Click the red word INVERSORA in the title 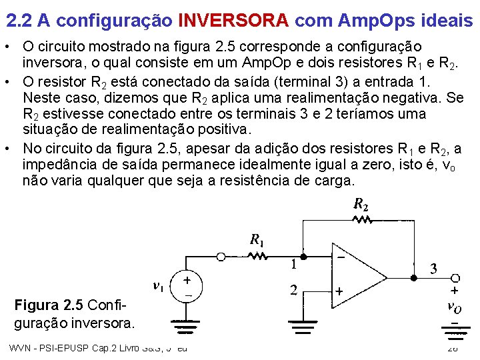pyautogui.click(x=233, y=21)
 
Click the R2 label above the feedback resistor pyautogui.click(x=359, y=204)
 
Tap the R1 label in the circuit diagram pyautogui.click(x=255, y=239)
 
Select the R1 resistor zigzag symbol pyautogui.click(x=255, y=255)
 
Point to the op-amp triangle pyautogui.click(x=360, y=273)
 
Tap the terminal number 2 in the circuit pyautogui.click(x=293, y=290)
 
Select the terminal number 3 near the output pyautogui.click(x=433, y=269)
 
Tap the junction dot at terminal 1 pyautogui.click(x=304, y=255)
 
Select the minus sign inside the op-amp pyautogui.click(x=340, y=256)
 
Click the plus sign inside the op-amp pyautogui.click(x=339, y=291)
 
